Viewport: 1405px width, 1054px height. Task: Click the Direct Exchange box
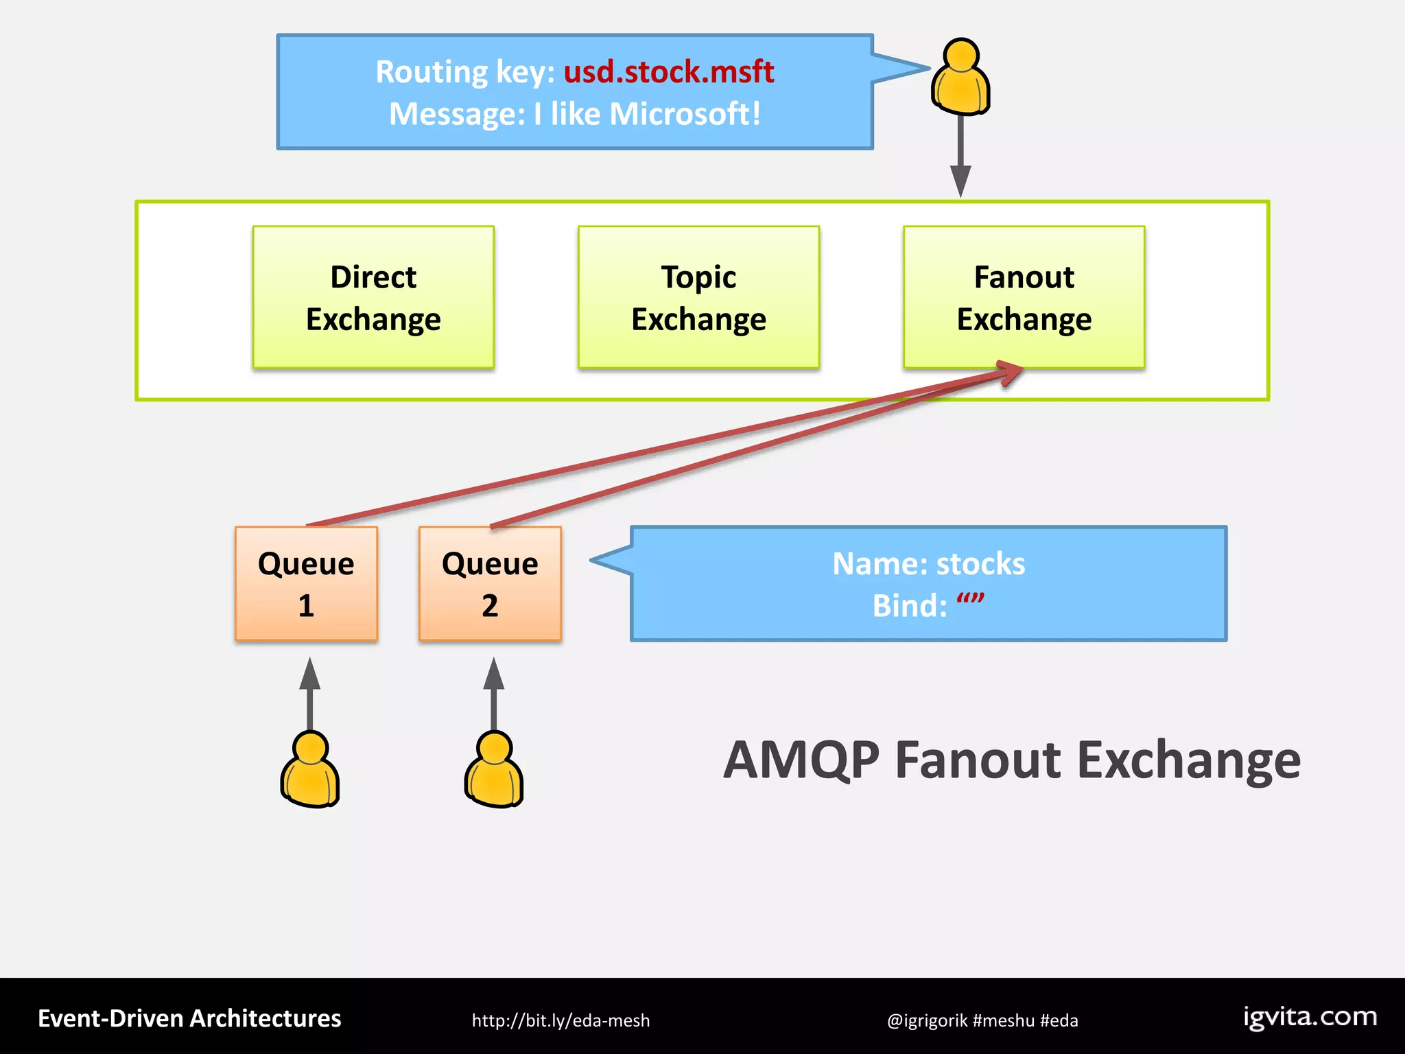373,297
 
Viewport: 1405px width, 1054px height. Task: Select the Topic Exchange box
698,297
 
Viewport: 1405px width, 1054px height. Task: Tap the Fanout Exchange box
1024,297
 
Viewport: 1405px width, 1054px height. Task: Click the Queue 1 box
306,584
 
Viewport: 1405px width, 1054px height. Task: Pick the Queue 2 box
490,584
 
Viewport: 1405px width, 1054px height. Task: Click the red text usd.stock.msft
668,71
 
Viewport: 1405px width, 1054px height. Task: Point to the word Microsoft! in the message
684,114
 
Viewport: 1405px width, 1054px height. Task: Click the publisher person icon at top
960,77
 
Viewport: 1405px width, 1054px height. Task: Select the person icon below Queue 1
310,770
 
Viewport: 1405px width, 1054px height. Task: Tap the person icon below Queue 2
494,770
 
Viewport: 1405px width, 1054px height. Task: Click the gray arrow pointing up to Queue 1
310,693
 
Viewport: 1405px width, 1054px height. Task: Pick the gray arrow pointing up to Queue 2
494,693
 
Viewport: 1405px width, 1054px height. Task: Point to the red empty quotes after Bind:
970,601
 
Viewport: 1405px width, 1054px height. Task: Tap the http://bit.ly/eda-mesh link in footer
560,1020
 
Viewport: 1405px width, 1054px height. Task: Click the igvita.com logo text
1310,1017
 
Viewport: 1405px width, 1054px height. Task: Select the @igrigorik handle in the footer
927,1020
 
